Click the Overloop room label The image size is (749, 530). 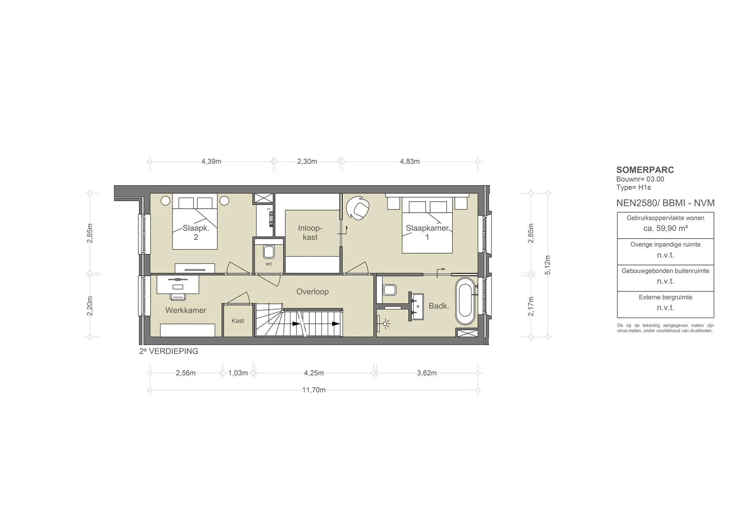click(x=312, y=292)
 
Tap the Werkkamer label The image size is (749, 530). click(x=186, y=310)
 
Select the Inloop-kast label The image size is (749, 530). click(x=310, y=233)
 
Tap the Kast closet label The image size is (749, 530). click(x=238, y=321)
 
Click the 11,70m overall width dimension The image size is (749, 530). click(x=314, y=390)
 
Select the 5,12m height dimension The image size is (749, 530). click(x=547, y=265)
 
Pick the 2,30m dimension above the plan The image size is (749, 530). click(x=307, y=161)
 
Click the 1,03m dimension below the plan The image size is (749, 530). click(x=238, y=373)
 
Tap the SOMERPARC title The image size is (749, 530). click(x=645, y=170)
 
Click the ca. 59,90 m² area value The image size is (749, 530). click(x=666, y=228)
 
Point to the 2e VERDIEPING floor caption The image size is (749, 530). click(x=169, y=351)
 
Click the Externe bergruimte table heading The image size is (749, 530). click(x=666, y=297)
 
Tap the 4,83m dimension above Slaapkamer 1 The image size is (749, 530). click(x=410, y=161)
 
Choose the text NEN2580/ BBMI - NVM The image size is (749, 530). click(x=665, y=203)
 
